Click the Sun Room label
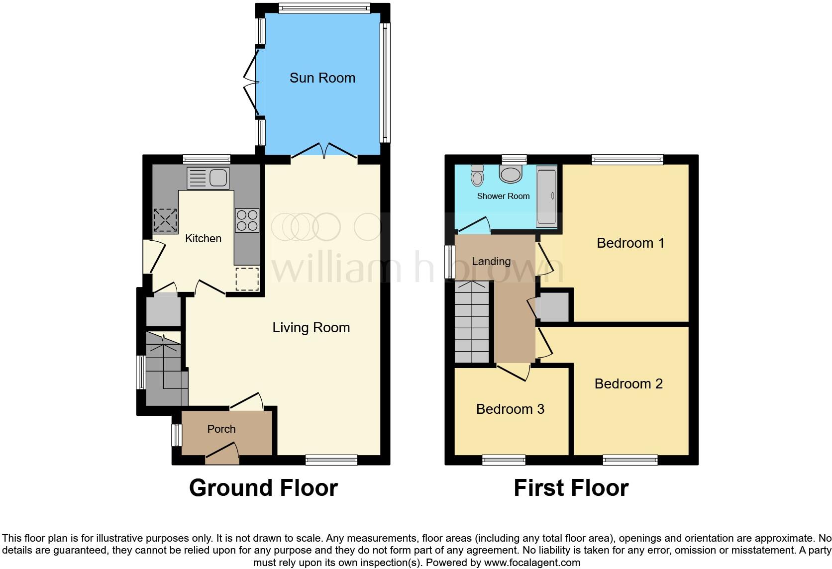coord(322,78)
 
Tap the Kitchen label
coord(203,239)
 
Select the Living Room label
coord(311,328)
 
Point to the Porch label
coord(221,429)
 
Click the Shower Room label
coord(503,196)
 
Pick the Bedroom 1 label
coord(630,243)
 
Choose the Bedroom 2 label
coord(628,384)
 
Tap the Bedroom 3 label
coord(510,409)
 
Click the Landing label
coord(491,262)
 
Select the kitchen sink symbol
coord(208,178)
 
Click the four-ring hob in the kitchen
coord(247,220)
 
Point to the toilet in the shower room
coord(477,175)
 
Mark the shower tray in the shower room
coord(546,196)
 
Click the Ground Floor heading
coord(263,488)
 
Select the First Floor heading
coord(571,488)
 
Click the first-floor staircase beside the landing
coord(473,322)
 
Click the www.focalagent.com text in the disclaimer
coord(532,563)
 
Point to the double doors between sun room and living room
coord(324,150)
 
